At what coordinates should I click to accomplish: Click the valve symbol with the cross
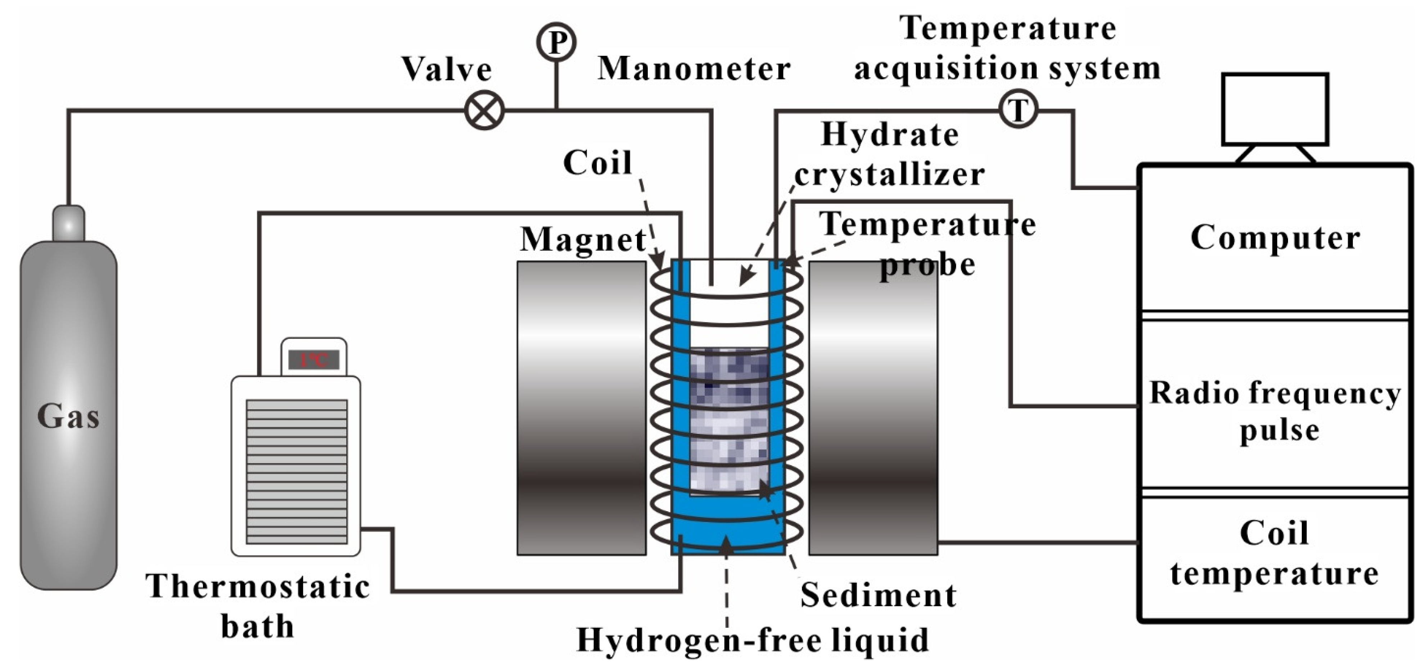pyautogui.click(x=484, y=110)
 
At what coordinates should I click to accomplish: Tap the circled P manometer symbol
pyautogui.click(x=556, y=41)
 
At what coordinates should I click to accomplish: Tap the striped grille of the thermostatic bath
pyautogui.click(x=297, y=472)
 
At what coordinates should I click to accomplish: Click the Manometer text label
pyautogui.click(x=694, y=69)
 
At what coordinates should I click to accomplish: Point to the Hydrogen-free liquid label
pyautogui.click(x=753, y=641)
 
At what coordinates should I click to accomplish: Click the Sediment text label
pyautogui.click(x=878, y=595)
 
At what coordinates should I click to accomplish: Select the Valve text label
pyautogui.click(x=446, y=69)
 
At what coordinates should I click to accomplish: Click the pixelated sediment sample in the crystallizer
pyautogui.click(x=729, y=420)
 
